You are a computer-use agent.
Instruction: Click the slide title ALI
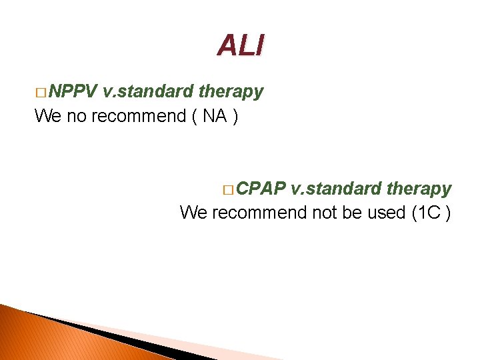pos(240,45)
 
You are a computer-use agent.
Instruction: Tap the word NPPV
pos(73,91)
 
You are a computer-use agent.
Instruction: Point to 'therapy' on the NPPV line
pos(231,92)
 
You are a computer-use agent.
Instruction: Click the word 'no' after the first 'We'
pos(76,116)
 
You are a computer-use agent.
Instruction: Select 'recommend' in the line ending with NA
pos(138,116)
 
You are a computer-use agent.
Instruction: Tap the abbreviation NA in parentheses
pos(215,116)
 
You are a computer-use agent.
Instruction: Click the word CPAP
pos(261,189)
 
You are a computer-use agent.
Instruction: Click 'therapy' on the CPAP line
pos(418,189)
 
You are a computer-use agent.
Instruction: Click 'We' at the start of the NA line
pos(48,116)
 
